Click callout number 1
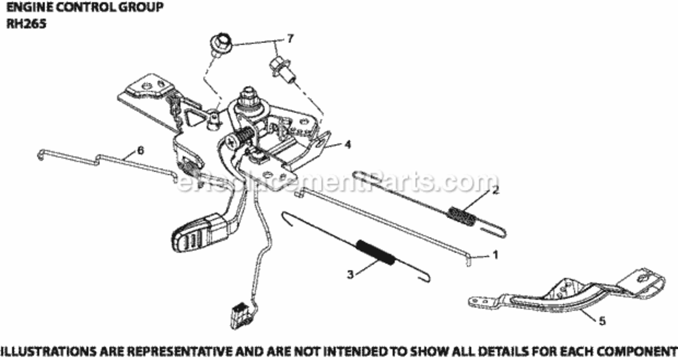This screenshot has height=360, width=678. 495,255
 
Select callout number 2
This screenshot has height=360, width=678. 495,190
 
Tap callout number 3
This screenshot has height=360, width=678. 350,275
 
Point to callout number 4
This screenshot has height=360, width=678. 348,145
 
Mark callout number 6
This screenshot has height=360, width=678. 141,150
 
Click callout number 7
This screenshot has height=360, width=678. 290,39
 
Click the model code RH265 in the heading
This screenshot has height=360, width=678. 27,24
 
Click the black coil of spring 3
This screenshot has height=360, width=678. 376,252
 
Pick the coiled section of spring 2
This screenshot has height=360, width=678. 461,216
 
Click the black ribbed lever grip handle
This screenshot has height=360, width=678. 197,232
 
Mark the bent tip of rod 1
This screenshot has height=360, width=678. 468,261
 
